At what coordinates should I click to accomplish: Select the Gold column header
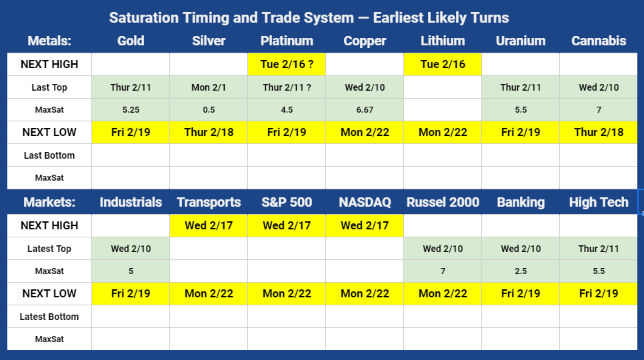click(131, 41)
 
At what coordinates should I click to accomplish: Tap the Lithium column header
click(443, 41)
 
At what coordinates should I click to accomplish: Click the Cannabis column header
click(599, 41)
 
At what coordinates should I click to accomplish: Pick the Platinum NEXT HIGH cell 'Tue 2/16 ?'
click(287, 64)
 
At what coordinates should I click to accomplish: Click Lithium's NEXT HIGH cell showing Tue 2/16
click(443, 64)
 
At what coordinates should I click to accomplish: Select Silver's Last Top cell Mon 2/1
click(209, 87)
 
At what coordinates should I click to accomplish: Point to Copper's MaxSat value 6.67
click(365, 109)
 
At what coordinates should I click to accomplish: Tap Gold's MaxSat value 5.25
click(131, 109)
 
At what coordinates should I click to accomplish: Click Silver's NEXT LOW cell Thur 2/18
click(209, 132)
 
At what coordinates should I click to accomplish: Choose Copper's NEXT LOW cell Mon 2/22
click(365, 132)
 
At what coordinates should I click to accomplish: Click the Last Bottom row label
click(49, 155)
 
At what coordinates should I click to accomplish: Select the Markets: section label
click(49, 202)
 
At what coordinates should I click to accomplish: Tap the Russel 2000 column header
click(443, 202)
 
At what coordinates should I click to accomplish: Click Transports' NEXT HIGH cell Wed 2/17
click(209, 225)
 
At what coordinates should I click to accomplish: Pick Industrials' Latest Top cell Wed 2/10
click(131, 249)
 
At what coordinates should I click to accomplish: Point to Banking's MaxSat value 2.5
click(521, 271)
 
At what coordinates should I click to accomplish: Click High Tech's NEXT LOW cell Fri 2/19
click(599, 293)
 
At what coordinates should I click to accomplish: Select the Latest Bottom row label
click(49, 317)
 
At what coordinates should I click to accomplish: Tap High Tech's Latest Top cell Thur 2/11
click(599, 249)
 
